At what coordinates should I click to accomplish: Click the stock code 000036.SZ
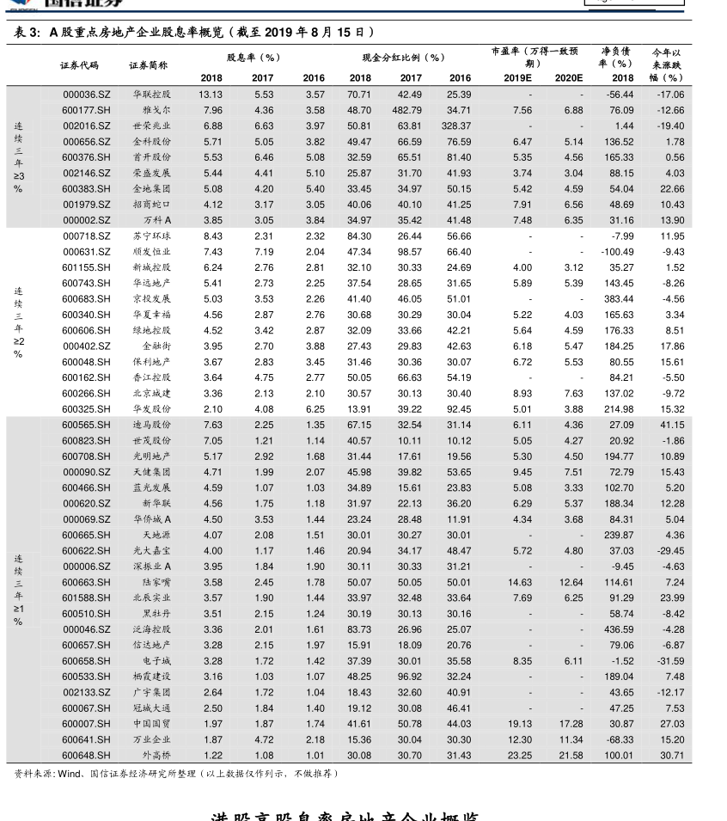86,95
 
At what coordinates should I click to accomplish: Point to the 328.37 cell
456,126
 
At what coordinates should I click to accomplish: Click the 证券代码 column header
79,65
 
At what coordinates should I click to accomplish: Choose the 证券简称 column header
149,65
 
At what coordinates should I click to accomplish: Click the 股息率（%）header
254,58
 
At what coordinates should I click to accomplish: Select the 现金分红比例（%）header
403,58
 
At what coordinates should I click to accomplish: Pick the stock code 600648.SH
86,756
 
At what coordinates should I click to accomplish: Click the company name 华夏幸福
151,315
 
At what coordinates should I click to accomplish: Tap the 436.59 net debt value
619,629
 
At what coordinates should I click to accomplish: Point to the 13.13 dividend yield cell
211,95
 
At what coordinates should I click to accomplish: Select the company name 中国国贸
151,724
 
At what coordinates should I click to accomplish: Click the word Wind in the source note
68,774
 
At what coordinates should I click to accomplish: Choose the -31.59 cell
670,661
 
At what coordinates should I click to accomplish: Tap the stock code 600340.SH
86,315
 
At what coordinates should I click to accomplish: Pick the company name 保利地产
151,362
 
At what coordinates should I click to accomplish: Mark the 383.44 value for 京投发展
619,299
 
